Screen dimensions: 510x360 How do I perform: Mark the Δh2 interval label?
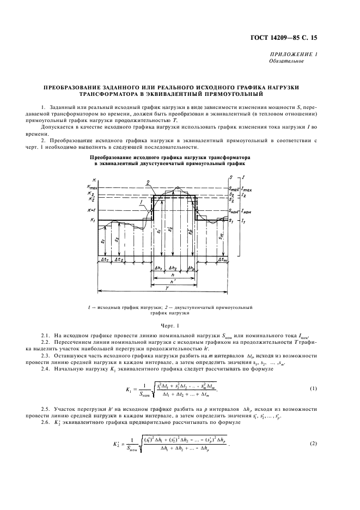[173, 268]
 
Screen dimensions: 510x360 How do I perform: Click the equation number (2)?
[313, 458]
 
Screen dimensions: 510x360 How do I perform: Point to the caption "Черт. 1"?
[180, 326]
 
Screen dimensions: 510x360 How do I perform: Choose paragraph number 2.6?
[48, 426]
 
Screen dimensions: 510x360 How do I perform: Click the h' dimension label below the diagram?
[173, 281]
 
